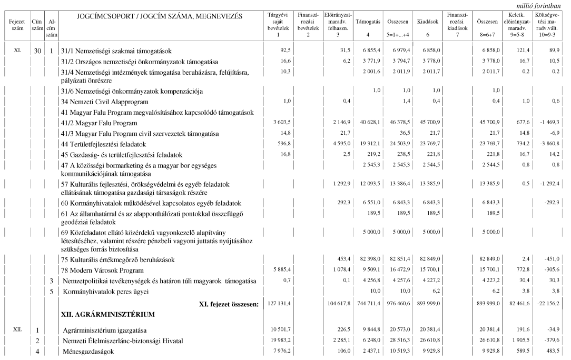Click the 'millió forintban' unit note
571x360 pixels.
[x=543, y=5]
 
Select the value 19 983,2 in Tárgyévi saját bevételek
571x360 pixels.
[x=279, y=341]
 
